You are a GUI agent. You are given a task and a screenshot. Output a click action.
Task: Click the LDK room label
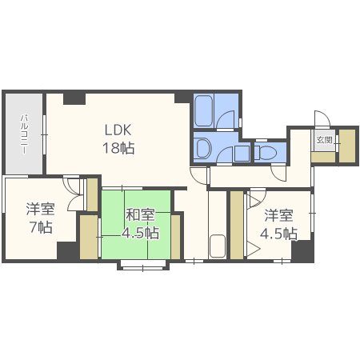118,130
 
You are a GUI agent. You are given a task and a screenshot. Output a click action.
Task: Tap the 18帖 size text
118,148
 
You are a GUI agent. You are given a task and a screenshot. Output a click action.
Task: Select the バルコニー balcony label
24,134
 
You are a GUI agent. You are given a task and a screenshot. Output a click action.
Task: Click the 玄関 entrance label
324,140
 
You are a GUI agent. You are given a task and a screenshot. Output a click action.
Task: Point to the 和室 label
140,215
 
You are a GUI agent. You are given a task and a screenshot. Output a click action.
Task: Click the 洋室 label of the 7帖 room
41,209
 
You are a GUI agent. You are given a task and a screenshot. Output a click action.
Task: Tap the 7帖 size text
41,227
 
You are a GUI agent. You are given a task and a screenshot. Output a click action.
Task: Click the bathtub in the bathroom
203,111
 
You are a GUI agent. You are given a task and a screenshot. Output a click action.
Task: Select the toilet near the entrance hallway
266,152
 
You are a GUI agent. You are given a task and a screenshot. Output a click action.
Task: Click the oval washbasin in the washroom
204,147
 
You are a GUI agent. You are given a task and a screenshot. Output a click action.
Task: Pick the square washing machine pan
242,153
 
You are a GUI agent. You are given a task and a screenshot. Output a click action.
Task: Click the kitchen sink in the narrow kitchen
218,246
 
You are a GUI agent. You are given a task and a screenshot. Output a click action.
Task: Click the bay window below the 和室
143,265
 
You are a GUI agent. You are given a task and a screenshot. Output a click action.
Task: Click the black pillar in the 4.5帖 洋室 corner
302,250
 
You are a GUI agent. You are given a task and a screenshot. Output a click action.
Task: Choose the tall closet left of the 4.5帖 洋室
237,225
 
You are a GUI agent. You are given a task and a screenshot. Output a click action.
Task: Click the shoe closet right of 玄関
347,146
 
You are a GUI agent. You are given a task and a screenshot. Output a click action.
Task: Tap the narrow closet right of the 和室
175,237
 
